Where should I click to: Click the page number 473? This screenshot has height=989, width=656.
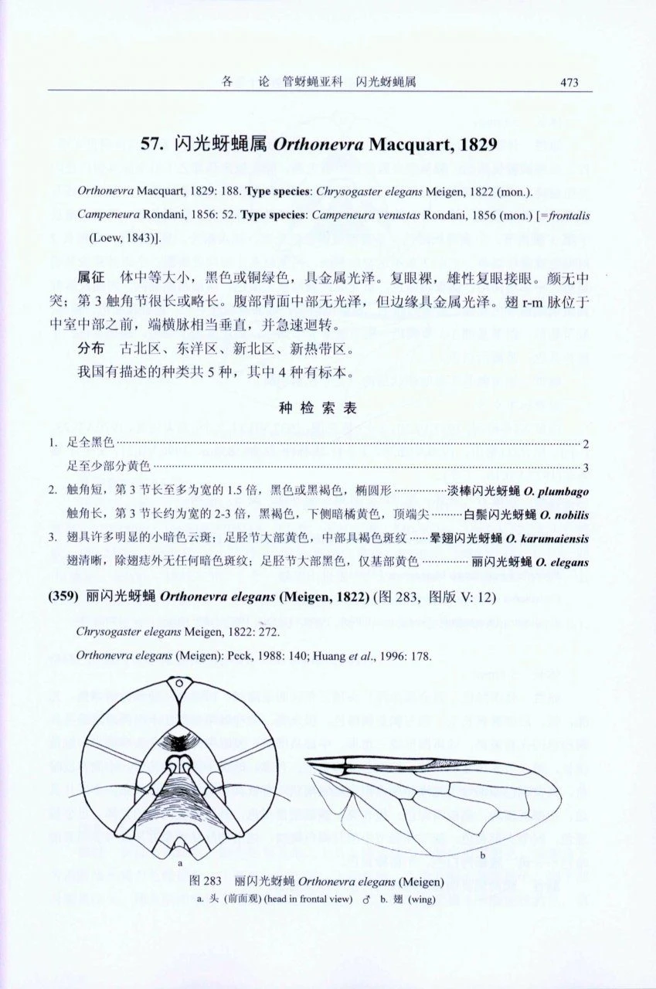(x=569, y=83)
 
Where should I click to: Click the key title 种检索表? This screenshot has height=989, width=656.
(x=318, y=410)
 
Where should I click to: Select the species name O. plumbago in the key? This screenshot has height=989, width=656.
(x=556, y=491)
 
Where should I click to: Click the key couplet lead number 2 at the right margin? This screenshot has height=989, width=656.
(x=586, y=444)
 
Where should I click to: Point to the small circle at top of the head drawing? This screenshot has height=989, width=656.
(x=178, y=684)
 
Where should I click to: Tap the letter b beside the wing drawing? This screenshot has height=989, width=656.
(x=482, y=855)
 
